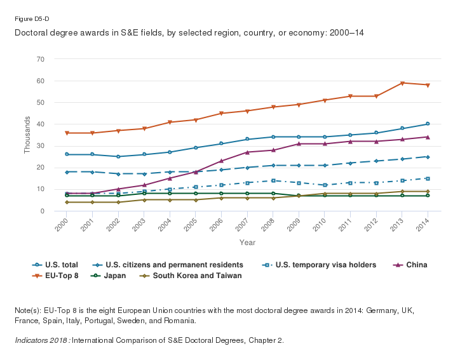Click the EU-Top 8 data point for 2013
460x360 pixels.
coord(402,83)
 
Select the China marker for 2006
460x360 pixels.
coord(221,161)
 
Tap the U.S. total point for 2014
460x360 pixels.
coord(428,124)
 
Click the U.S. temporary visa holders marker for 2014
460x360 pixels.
coord(428,178)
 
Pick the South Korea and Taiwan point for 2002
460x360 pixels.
coord(118,202)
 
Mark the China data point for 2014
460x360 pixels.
coord(428,137)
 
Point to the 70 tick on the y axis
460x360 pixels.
coord(41,59)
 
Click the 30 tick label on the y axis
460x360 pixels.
coord(41,146)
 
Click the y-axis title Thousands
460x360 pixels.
coord(27,135)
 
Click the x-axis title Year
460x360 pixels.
coord(247,242)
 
